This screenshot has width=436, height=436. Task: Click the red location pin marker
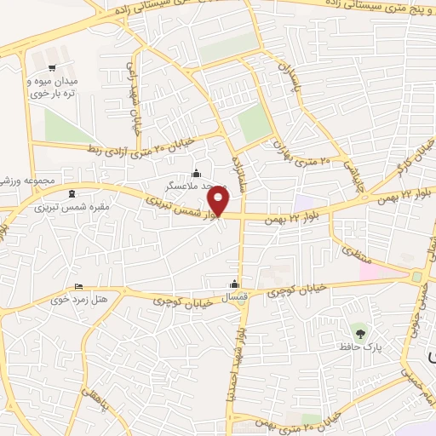(x=219, y=201)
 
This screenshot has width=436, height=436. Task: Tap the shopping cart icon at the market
(x=52, y=68)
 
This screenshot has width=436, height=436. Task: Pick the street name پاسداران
(x=290, y=78)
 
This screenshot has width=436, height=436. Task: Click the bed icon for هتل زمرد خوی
(x=79, y=285)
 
